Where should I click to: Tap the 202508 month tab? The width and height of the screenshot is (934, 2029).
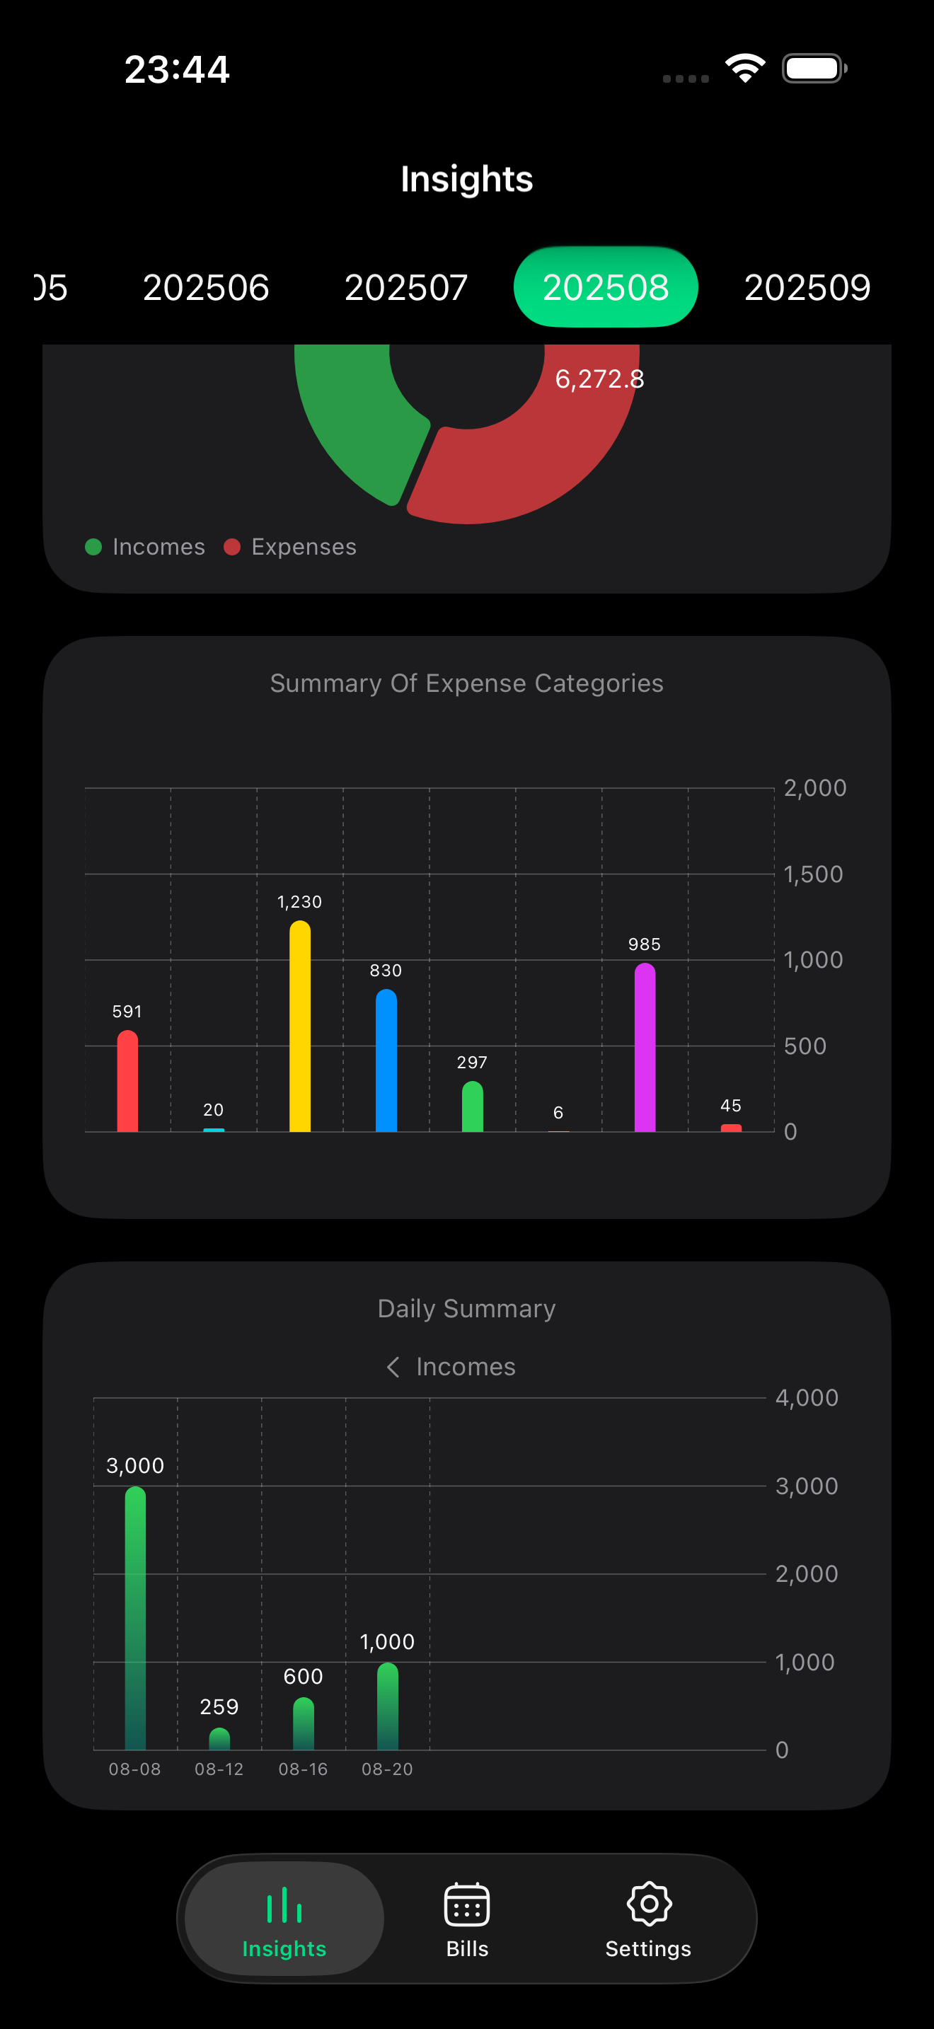[605, 287]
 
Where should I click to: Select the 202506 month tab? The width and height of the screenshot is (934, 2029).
[205, 287]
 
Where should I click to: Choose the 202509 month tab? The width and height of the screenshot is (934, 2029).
[807, 287]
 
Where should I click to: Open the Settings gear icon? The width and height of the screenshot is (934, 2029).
[648, 1904]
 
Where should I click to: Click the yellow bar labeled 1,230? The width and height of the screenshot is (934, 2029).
[300, 1028]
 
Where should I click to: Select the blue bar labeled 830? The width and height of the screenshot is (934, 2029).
[386, 1062]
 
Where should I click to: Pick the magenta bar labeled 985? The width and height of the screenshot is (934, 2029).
[644, 1048]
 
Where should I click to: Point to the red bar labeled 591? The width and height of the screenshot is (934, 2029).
[127, 1082]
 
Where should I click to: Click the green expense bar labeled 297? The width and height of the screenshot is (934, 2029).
[472, 1107]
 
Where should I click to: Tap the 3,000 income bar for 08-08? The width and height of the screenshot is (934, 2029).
[135, 1619]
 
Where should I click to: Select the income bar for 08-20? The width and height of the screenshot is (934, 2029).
[388, 1706]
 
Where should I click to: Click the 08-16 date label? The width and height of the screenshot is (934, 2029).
[303, 1769]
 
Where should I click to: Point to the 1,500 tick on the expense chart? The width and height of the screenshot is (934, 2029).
[813, 874]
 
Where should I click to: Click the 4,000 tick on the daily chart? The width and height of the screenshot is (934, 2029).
[807, 1398]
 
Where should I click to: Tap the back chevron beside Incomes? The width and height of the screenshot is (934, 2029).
[393, 1367]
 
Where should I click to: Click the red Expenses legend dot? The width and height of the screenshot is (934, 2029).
[231, 547]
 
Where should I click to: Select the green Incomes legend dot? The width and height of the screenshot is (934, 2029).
[93, 547]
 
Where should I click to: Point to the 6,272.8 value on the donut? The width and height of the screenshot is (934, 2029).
[599, 380]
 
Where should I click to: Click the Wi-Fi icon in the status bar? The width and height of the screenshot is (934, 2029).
[745, 69]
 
